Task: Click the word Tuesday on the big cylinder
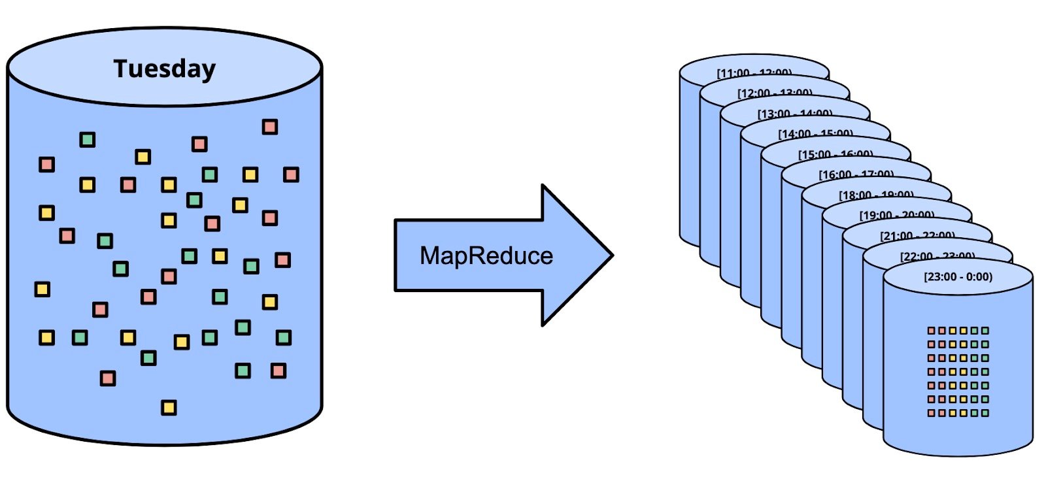[164, 69]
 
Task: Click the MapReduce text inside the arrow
[486, 256]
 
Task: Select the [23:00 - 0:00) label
[958, 276]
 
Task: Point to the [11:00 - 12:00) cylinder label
[754, 73]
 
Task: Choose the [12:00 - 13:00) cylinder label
[775, 93]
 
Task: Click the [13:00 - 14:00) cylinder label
[795, 113]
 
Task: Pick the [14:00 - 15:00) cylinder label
[815, 133]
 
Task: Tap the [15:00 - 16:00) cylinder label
[835, 154]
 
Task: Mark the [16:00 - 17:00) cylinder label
[856, 174]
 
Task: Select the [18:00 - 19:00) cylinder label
[876, 195]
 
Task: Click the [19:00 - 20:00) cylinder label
[896, 215]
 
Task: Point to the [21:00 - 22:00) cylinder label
[917, 235]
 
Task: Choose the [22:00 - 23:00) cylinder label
[937, 256]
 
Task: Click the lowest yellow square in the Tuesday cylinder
[169, 408]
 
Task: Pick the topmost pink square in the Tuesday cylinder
[270, 126]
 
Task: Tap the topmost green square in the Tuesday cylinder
[87, 139]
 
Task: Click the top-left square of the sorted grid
[932, 331]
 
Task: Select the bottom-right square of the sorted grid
[985, 413]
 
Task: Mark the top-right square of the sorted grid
[985, 331]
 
